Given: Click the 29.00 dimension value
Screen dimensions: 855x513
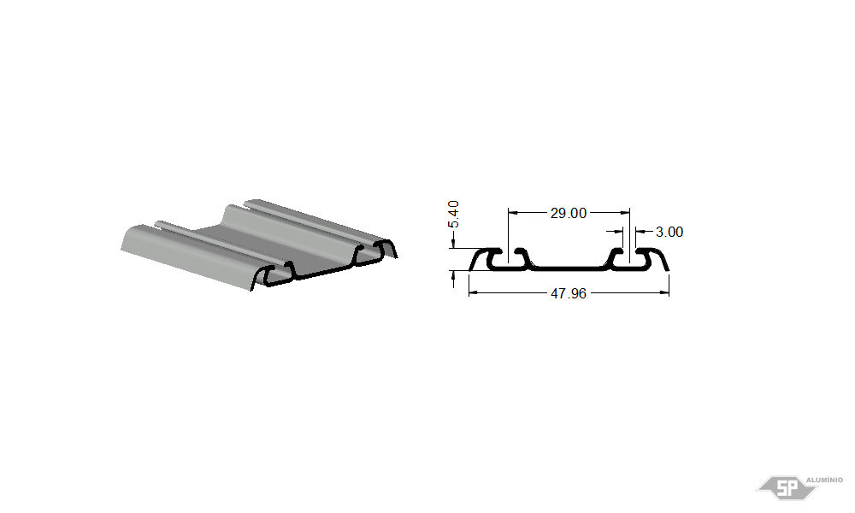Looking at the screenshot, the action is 569,213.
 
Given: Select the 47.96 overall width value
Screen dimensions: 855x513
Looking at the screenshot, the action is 569,294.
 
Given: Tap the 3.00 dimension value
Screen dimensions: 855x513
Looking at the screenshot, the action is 669,233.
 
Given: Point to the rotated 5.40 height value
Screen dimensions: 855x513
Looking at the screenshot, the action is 453,215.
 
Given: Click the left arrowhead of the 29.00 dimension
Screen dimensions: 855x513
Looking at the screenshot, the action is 512,213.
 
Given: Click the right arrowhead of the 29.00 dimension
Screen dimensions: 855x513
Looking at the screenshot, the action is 626,213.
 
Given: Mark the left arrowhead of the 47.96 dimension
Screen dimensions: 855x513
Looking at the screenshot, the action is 473,292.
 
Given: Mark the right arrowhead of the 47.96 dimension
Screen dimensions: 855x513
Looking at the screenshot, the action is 664,292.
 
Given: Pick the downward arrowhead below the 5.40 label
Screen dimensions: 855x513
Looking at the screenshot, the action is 453,245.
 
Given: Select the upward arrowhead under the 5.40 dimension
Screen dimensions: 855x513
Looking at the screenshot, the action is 453,274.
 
